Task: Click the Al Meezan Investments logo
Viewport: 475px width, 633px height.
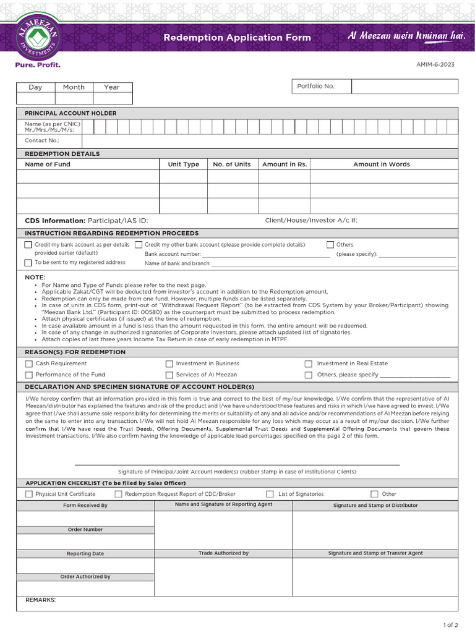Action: [38, 36]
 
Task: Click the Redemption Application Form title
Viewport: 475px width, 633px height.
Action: [237, 38]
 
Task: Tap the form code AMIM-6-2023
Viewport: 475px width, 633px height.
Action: [441, 64]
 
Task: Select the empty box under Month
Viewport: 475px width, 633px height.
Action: [74, 98]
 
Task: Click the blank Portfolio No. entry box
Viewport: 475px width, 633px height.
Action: [404, 87]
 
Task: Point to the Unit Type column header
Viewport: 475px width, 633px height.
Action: [183, 164]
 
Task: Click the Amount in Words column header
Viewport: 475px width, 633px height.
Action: [381, 164]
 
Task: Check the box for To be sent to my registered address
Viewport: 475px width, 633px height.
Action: [28, 263]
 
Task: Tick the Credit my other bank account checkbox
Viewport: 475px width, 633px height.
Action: [139, 245]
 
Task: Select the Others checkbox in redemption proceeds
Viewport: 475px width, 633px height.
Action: [330, 245]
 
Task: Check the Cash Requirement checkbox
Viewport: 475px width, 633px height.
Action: [29, 364]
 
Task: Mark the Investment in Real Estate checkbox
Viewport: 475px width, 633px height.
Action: [308, 364]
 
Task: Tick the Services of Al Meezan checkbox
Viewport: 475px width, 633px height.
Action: [169, 375]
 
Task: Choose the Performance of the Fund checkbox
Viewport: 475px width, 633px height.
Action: [29, 375]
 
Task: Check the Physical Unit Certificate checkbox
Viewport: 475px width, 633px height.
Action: [29, 494]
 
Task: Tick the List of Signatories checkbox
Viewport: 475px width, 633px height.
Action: [270, 494]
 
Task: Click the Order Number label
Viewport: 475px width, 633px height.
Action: [85, 530]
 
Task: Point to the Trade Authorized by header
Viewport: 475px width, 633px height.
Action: [223, 553]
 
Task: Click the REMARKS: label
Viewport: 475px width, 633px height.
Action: [40, 600]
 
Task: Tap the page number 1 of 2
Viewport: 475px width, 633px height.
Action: [451, 625]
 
